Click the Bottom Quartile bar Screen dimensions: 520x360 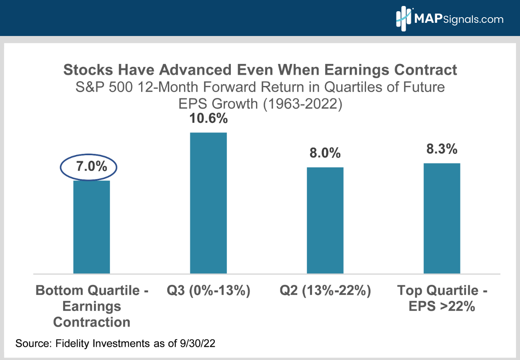click(x=92, y=227)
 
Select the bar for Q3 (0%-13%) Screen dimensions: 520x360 click(x=208, y=203)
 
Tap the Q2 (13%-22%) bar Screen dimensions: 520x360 click(x=325, y=220)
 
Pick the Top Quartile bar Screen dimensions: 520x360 click(x=442, y=218)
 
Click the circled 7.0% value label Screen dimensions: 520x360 click(x=92, y=166)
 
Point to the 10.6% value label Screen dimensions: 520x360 click(x=208, y=118)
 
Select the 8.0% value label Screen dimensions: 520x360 click(x=325, y=153)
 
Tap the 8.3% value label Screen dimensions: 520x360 click(x=442, y=149)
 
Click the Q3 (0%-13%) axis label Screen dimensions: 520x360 click(x=208, y=290)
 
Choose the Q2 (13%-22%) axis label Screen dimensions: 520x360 click(x=325, y=290)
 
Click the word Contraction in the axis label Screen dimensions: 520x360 click(x=92, y=322)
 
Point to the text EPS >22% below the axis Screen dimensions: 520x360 click(x=442, y=306)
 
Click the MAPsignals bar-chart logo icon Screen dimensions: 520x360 click(x=404, y=18)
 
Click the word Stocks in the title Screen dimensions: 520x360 click(x=88, y=70)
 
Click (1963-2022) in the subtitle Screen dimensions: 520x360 click(x=303, y=104)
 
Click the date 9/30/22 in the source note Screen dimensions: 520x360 click(x=198, y=343)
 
